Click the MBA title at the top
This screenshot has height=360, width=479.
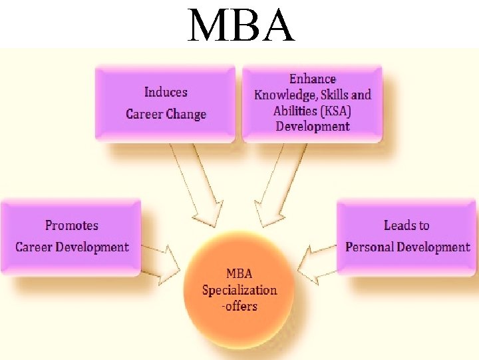click(240, 25)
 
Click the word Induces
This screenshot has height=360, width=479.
click(166, 93)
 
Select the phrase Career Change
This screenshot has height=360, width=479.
click(166, 114)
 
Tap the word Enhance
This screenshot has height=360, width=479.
click(313, 79)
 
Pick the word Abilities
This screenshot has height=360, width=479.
click(295, 111)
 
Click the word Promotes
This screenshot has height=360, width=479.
click(71, 225)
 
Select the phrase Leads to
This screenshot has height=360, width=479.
click(406, 225)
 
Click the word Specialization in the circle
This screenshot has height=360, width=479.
click(239, 290)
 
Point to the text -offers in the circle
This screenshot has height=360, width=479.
click(239, 307)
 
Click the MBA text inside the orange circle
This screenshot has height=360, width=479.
click(239, 273)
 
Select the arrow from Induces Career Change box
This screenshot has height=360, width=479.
click(200, 190)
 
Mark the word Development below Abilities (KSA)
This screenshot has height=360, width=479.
click(313, 126)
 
